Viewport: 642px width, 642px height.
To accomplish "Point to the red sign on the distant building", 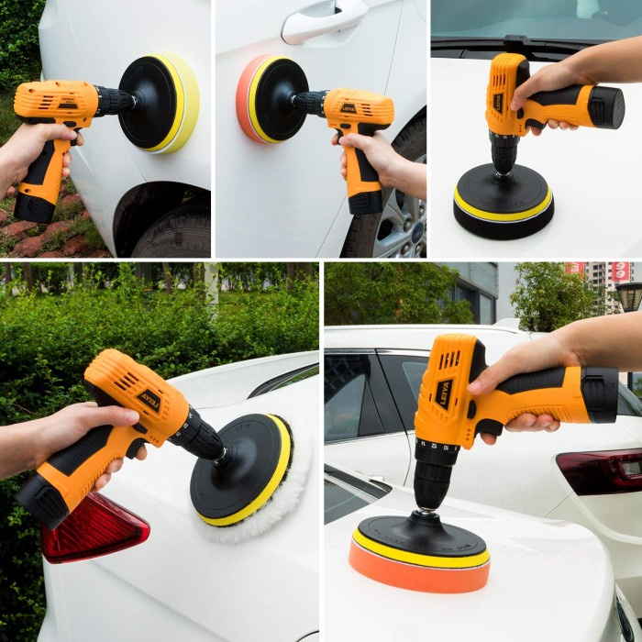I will point(621,271).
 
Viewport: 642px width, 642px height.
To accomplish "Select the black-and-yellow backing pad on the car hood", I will point(503,206).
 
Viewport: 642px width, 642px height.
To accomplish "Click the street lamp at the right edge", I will point(630,298).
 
